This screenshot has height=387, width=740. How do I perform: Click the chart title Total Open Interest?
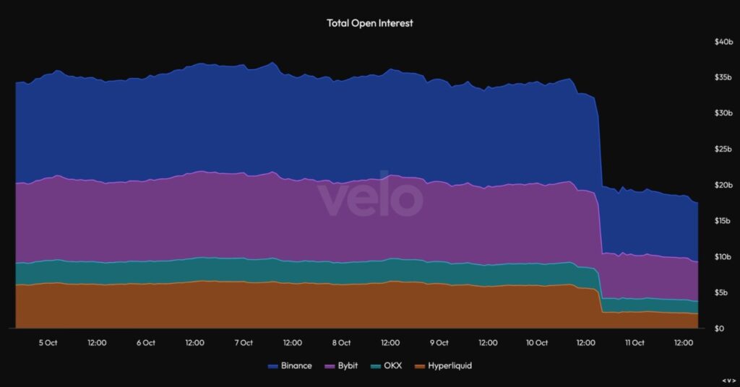[370, 23]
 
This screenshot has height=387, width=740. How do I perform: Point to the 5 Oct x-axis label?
[48, 343]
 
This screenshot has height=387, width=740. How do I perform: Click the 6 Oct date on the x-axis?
[145, 343]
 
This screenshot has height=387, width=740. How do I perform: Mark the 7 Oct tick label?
[244, 343]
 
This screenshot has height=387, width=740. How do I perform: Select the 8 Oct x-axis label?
[341, 343]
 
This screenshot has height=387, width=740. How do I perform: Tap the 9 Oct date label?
[439, 343]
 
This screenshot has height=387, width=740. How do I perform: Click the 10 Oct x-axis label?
[536, 343]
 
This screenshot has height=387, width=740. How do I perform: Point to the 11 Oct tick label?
[634, 343]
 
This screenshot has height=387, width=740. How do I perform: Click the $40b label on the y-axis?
[723, 42]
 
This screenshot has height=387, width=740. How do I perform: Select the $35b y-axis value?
[723, 78]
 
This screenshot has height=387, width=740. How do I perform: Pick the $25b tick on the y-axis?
[723, 149]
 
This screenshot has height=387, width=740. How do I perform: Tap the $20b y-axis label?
[723, 186]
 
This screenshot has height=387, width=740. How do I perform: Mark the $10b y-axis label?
[723, 257]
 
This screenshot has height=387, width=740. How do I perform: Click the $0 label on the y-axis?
[719, 329]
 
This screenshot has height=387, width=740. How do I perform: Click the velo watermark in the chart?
[369, 196]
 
